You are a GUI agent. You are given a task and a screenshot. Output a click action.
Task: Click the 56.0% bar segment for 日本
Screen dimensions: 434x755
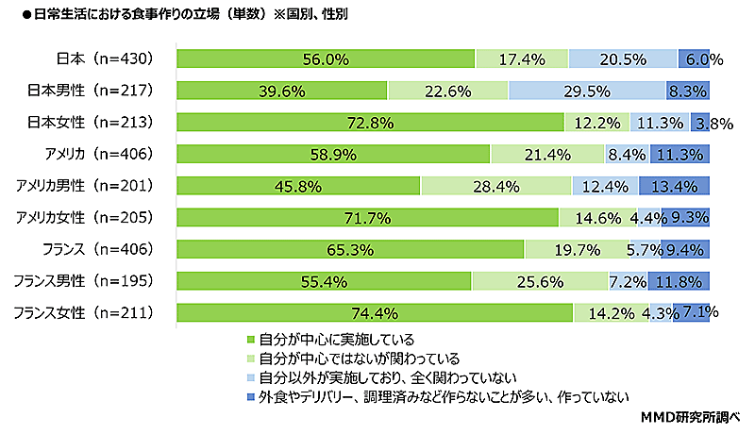pyautogui.click(x=326, y=58)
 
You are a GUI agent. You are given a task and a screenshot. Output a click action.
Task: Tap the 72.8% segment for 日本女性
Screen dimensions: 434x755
pyautogui.click(x=370, y=123)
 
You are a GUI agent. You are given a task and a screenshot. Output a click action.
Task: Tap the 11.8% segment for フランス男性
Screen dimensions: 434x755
pyautogui.click(x=679, y=281)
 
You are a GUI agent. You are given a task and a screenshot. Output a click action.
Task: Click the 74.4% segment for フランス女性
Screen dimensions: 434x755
pyautogui.click(x=375, y=312)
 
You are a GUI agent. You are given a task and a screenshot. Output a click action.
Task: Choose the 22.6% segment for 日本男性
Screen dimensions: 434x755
pyautogui.click(x=447, y=91)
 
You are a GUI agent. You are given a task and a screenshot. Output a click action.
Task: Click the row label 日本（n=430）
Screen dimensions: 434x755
pyautogui.click(x=106, y=58)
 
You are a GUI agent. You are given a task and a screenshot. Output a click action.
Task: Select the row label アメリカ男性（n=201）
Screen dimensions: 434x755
pyautogui.click(x=92, y=186)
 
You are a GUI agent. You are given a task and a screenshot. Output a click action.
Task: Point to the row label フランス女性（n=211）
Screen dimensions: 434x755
pyautogui.click(x=92, y=312)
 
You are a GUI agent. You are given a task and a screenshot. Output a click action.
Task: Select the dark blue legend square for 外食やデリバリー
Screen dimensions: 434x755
pyautogui.click(x=250, y=396)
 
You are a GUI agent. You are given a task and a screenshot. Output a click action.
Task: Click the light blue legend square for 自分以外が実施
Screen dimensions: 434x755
pyautogui.click(x=250, y=377)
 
